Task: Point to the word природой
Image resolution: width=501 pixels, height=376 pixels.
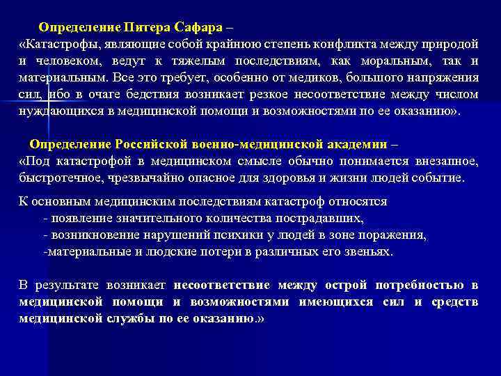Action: [450, 45]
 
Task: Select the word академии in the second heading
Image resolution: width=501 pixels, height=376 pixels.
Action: [353, 145]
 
